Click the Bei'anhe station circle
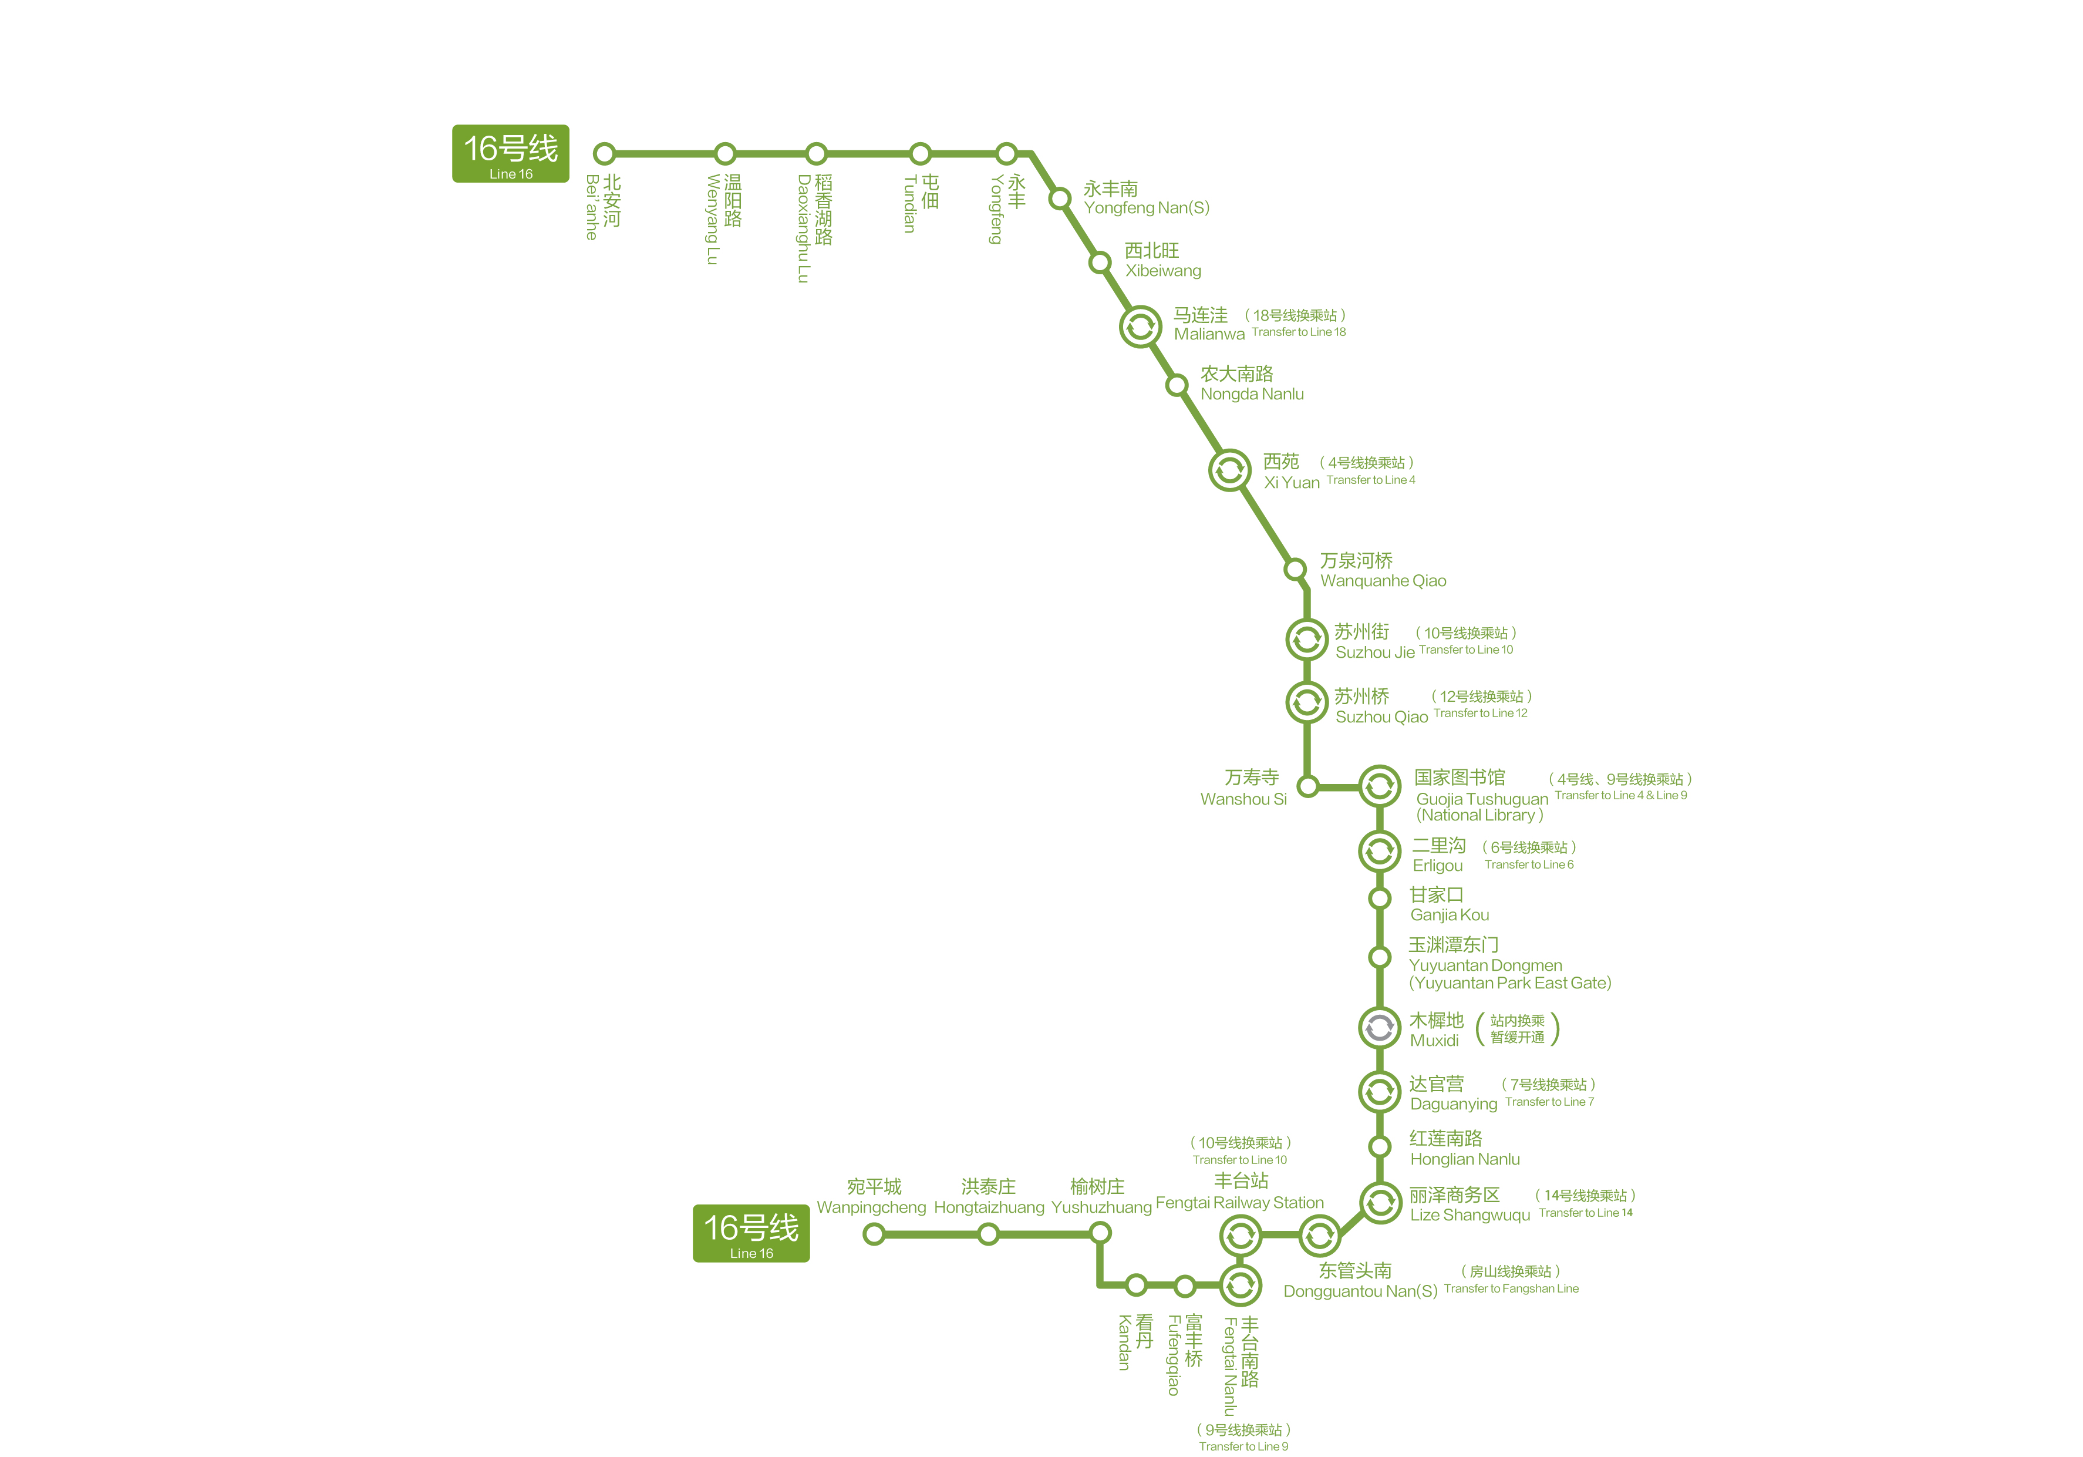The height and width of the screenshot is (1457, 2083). pos(604,153)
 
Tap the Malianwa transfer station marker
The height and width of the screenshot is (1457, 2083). pos(1140,326)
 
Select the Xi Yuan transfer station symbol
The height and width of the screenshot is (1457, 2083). pos(1229,470)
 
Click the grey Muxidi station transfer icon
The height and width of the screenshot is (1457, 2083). pos(1379,1028)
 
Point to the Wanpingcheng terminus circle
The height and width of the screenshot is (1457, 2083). pos(874,1234)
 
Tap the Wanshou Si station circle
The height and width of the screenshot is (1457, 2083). pos(1307,786)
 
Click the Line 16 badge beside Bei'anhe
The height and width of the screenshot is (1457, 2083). pos(511,153)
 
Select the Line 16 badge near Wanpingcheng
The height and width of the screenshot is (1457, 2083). pos(751,1233)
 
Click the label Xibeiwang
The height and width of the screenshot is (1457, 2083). pos(1163,270)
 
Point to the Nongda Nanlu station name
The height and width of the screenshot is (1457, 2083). pos(1252,393)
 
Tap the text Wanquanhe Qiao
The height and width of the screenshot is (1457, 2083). pos(1383,581)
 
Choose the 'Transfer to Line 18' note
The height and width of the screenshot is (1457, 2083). pos(1298,332)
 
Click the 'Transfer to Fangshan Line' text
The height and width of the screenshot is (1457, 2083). pos(1511,1288)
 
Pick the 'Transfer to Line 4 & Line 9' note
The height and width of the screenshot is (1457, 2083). pos(1621,796)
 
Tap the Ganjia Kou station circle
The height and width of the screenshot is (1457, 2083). pos(1380,898)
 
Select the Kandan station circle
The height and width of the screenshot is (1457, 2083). pos(1136,1284)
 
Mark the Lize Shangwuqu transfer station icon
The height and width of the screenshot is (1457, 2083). pos(1381,1203)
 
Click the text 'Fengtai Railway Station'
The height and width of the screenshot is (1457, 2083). pos(1239,1203)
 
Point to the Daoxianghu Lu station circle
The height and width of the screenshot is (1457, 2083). pos(817,153)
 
